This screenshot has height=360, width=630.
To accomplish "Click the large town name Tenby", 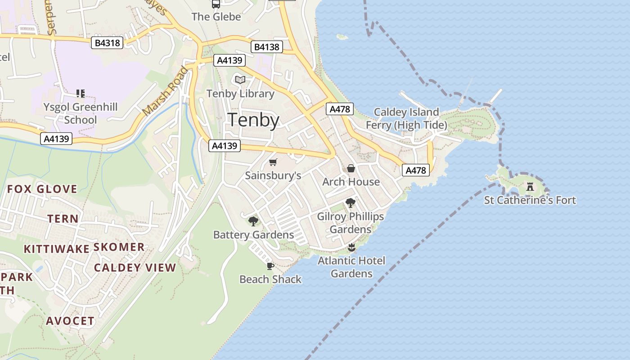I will tap(253, 120).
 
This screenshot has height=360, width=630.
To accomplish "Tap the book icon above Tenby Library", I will tap(240, 80).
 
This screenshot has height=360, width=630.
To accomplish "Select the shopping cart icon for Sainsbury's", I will tap(273, 162).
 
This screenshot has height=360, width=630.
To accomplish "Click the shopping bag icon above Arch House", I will tap(351, 168).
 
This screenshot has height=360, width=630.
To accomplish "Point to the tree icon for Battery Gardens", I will tap(253, 221).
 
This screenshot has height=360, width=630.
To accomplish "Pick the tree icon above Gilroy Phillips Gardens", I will tap(351, 203).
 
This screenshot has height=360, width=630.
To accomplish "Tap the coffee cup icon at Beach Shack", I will tap(270, 266).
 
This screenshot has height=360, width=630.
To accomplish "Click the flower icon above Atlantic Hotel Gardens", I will tap(351, 247).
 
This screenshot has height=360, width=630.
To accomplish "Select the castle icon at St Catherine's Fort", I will tap(530, 186).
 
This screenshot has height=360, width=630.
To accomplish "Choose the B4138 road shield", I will tap(266, 47).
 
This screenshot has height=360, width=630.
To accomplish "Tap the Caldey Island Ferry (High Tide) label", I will tap(406, 118).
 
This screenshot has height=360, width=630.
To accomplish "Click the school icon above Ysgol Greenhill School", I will tap(81, 94).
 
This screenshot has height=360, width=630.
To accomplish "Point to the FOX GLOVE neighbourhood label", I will tap(42, 189).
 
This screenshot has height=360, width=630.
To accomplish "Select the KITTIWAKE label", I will tap(56, 249).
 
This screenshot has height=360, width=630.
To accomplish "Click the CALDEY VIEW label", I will tap(135, 268).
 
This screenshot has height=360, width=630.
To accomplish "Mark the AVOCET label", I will tap(71, 321).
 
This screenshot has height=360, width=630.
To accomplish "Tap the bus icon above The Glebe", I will tap(216, 4).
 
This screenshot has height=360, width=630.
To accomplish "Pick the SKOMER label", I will tap(119, 247).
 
